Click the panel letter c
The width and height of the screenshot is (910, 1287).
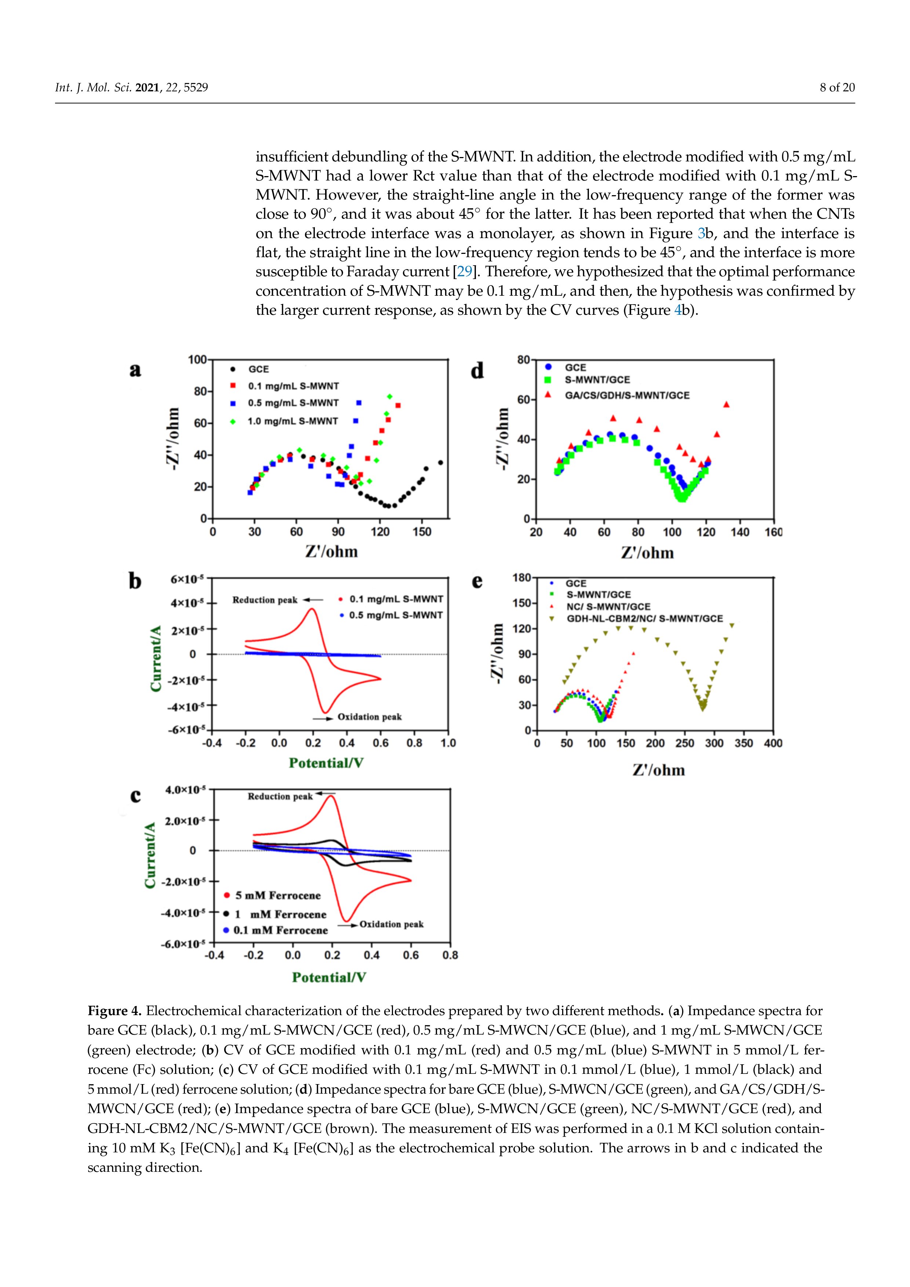135,796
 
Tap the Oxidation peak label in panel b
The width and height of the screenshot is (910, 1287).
370,717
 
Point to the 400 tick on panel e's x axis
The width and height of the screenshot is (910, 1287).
773,743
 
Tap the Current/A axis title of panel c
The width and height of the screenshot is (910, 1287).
150,856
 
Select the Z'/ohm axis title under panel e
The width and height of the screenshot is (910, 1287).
659,770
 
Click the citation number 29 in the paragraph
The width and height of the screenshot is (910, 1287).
464,272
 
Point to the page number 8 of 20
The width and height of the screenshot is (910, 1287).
837,87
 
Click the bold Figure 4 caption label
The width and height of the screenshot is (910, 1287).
114,1011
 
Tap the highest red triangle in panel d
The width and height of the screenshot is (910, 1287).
727,404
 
